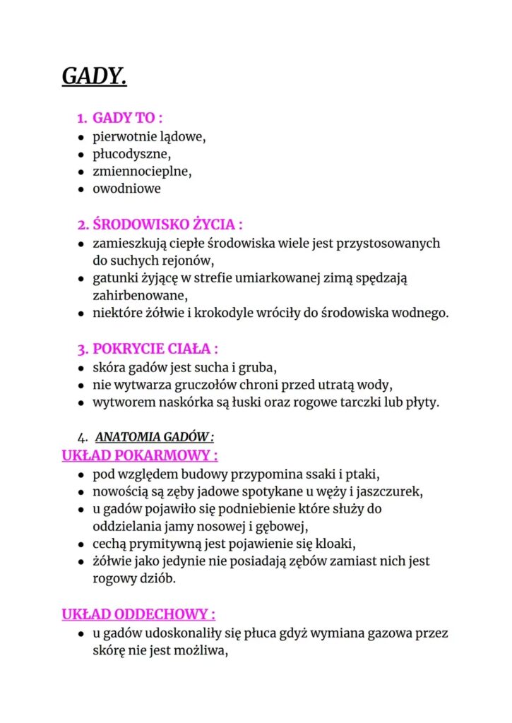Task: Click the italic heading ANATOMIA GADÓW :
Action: point(155,437)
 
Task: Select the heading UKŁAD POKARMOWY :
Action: point(140,455)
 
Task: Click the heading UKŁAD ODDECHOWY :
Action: point(138,614)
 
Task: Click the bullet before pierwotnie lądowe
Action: point(82,136)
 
